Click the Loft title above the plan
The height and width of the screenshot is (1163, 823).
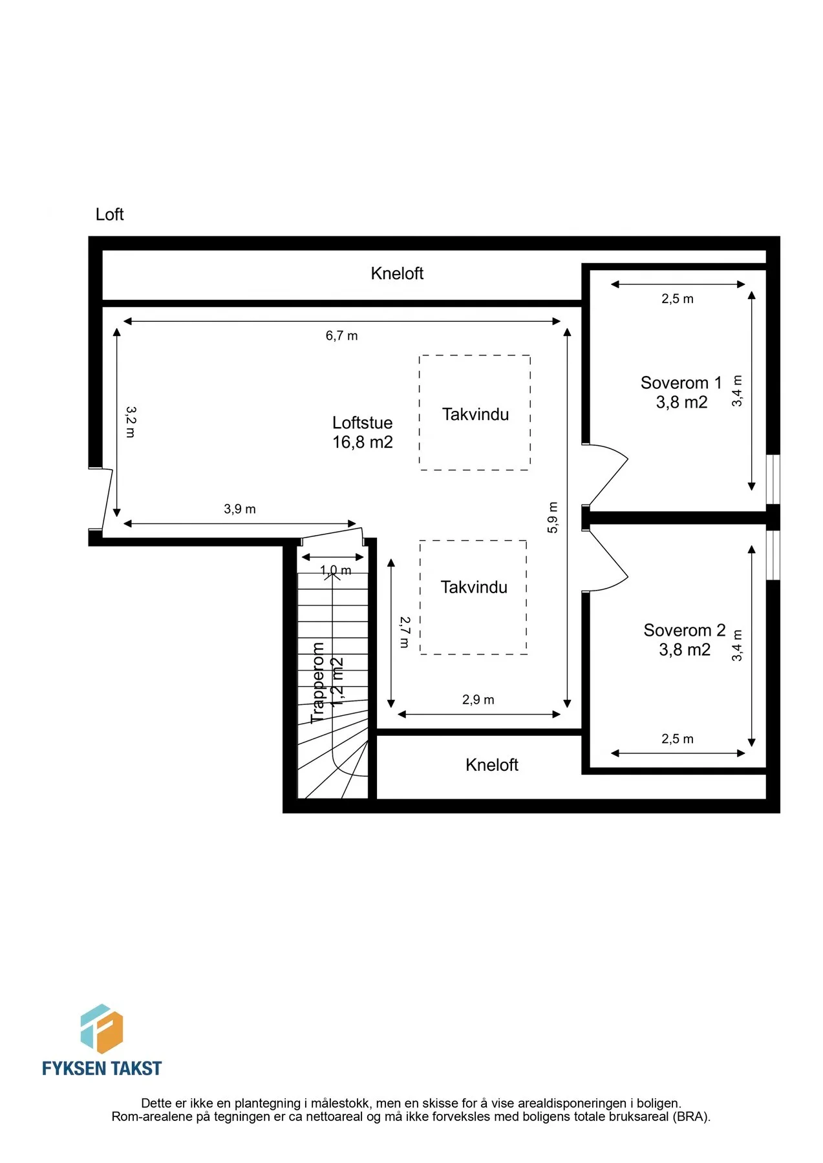click(109, 215)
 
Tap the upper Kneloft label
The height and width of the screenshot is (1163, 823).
click(397, 273)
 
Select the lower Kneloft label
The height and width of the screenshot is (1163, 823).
click(492, 765)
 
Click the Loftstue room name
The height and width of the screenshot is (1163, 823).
click(363, 423)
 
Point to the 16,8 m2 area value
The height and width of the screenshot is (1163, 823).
click(363, 442)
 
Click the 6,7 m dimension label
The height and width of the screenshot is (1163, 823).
click(341, 336)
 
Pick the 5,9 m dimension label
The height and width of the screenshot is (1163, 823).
click(552, 518)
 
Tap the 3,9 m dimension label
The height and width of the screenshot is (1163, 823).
click(240, 509)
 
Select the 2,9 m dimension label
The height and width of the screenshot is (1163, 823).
click(478, 700)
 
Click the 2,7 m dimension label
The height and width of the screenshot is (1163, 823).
click(405, 632)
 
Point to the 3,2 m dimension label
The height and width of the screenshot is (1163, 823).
click(131, 422)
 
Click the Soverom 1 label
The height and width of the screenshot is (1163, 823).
click(681, 383)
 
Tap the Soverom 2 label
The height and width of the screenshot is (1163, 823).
click(685, 631)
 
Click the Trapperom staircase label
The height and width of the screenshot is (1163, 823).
click(317, 683)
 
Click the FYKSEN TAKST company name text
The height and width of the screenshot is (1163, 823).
click(102, 1068)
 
